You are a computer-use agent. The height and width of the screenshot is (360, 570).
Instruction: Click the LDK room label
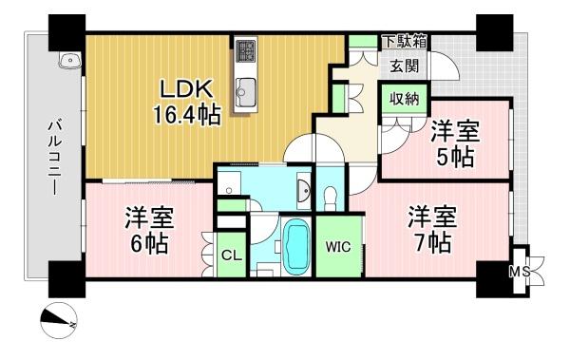(186, 89)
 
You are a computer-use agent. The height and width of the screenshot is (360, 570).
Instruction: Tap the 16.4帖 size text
(186, 114)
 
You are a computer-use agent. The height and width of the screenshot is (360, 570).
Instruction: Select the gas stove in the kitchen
(245, 50)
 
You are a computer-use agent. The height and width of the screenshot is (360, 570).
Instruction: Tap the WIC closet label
(338, 247)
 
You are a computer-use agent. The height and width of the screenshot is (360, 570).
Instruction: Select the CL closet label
(232, 256)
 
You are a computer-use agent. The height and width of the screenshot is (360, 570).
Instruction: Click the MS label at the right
(520, 272)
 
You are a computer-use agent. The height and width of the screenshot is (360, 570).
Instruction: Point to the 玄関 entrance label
(405, 66)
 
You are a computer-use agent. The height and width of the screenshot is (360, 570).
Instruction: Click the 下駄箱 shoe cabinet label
(405, 42)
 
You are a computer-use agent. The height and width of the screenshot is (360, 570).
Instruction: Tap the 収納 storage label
(405, 99)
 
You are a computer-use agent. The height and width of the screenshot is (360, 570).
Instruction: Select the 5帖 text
(455, 157)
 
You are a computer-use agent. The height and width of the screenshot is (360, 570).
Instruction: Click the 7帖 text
(433, 242)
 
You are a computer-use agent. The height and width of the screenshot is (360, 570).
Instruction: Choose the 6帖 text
(149, 243)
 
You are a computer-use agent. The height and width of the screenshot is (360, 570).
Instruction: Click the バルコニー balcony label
(54, 159)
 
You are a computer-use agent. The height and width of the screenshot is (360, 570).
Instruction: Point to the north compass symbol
(59, 321)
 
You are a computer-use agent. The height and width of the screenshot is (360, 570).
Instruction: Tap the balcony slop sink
(69, 60)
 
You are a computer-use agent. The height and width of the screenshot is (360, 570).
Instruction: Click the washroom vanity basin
(303, 190)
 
